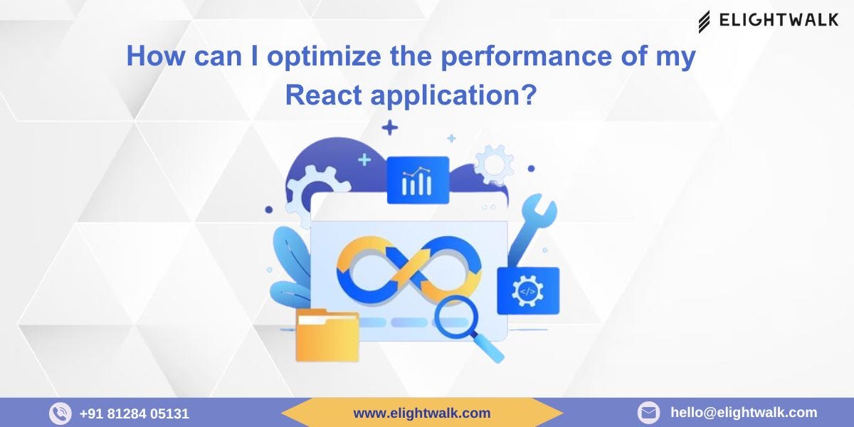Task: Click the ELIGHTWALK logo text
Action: point(779,20)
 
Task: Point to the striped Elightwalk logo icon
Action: point(704,21)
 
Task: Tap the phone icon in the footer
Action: point(60,413)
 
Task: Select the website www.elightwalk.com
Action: point(422,413)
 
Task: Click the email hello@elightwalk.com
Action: point(744,412)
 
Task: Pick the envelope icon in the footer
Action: point(648,413)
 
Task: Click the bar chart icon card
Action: point(418,181)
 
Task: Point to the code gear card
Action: point(528,290)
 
